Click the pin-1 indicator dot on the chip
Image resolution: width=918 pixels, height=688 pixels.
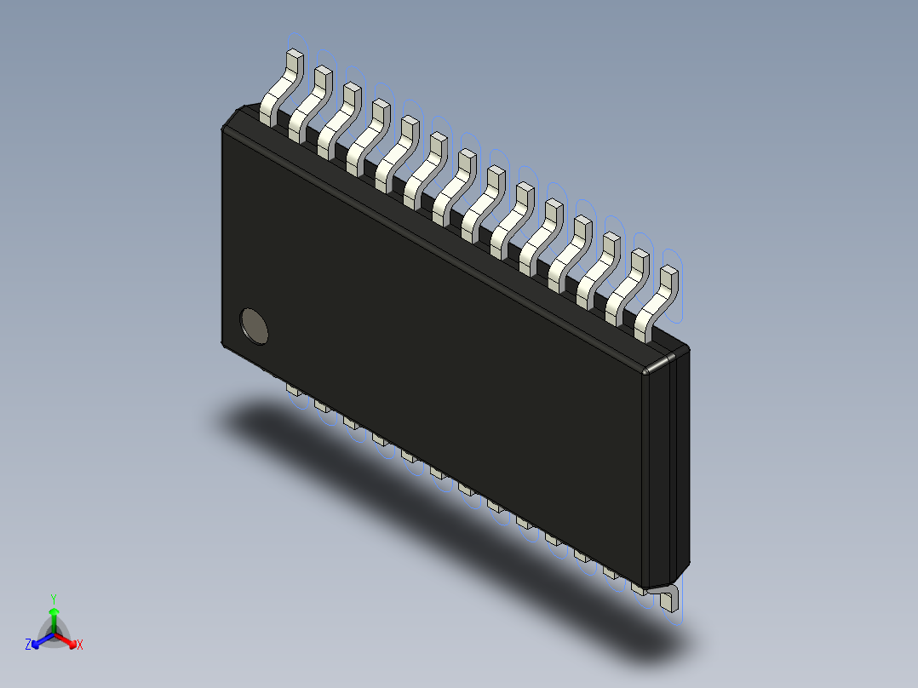tap(254, 325)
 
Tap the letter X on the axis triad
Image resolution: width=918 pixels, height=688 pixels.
tap(80, 645)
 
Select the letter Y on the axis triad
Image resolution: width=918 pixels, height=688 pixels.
tap(54, 598)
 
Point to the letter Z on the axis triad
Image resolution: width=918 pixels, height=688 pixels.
tap(28, 645)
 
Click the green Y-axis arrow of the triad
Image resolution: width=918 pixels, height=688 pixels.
tap(54, 617)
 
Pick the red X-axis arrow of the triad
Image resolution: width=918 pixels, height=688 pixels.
tap(67, 639)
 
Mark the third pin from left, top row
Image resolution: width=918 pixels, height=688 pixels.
tap(338, 118)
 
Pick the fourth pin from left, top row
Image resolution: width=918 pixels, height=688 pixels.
tap(367, 134)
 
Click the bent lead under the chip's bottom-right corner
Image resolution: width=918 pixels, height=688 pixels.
tap(668, 597)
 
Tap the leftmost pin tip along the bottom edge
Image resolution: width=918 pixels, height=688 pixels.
tap(292, 390)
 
